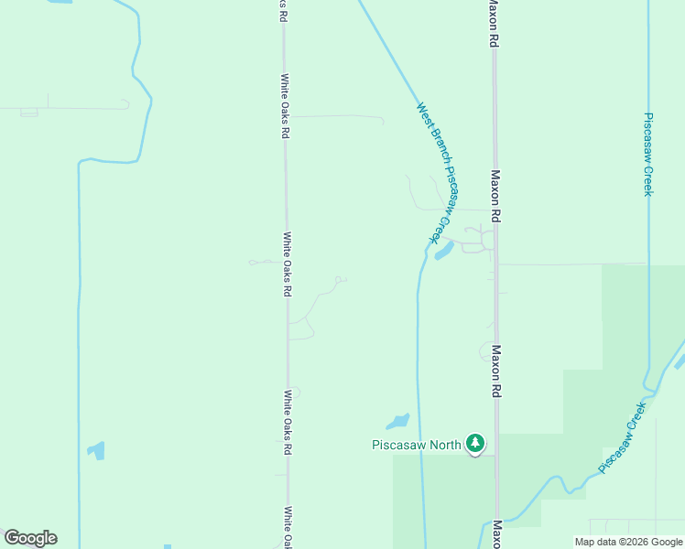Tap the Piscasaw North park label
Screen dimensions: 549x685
[417, 446]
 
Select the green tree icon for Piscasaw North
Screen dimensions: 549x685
[474, 444]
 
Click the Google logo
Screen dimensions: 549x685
[30, 538]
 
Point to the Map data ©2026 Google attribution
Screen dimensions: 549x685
[627, 542]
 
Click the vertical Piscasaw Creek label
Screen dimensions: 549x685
[647, 154]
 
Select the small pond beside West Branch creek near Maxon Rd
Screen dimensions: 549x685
[444, 250]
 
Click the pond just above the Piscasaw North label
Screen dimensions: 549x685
[398, 422]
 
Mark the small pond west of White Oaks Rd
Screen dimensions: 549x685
[96, 450]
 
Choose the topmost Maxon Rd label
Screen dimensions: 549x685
[493, 24]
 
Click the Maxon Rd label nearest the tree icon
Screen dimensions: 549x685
[495, 371]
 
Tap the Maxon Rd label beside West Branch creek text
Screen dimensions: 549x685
[495, 196]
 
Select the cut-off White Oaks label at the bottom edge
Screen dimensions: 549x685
[288, 526]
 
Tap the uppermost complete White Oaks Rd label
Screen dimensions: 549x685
[285, 105]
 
